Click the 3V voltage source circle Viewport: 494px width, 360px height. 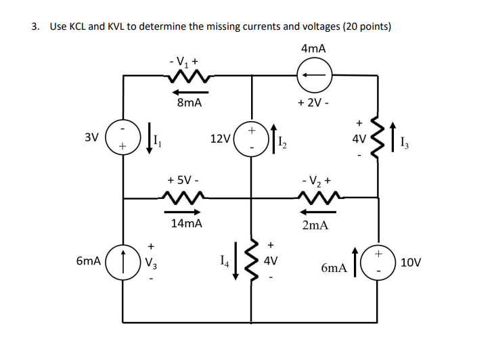(x=123, y=137)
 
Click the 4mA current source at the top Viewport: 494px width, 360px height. (x=314, y=75)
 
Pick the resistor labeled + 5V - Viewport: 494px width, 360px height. (x=183, y=199)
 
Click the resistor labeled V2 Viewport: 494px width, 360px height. (x=315, y=199)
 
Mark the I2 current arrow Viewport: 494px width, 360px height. (x=273, y=138)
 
